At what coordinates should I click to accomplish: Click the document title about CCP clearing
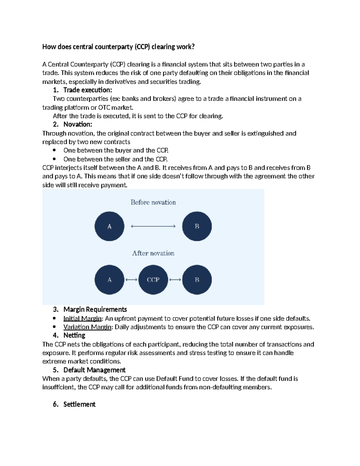pyautogui.click(x=118, y=47)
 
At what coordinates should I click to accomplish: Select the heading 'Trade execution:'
pyautogui.click(x=87, y=90)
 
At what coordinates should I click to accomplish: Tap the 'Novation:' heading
pyautogui.click(x=77, y=125)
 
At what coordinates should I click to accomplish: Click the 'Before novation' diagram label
pyautogui.click(x=153, y=203)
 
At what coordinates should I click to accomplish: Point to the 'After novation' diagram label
pyautogui.click(x=153, y=253)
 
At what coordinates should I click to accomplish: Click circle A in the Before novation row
pyautogui.click(x=109, y=226)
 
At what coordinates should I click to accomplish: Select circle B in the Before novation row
pyautogui.click(x=197, y=226)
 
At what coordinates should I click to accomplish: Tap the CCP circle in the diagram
pyautogui.click(x=153, y=280)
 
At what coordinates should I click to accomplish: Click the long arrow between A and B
pyautogui.click(x=153, y=226)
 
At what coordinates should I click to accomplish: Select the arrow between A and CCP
pyautogui.click(x=131, y=280)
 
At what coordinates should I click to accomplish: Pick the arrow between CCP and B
pyautogui.click(x=175, y=280)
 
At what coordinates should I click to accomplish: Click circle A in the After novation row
pyautogui.click(x=109, y=280)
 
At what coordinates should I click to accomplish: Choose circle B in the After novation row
pyautogui.click(x=197, y=280)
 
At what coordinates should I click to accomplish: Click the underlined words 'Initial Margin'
pyautogui.click(x=82, y=319)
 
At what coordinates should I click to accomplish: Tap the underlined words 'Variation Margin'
pyautogui.click(x=87, y=327)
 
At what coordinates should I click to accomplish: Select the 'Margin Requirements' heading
pyautogui.click(x=95, y=309)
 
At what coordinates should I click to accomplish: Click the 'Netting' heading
pyautogui.click(x=74, y=335)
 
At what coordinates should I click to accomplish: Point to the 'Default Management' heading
pyautogui.click(x=94, y=370)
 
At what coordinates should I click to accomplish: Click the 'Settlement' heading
pyautogui.click(x=79, y=404)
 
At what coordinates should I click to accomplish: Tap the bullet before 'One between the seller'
pyautogui.click(x=54, y=159)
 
